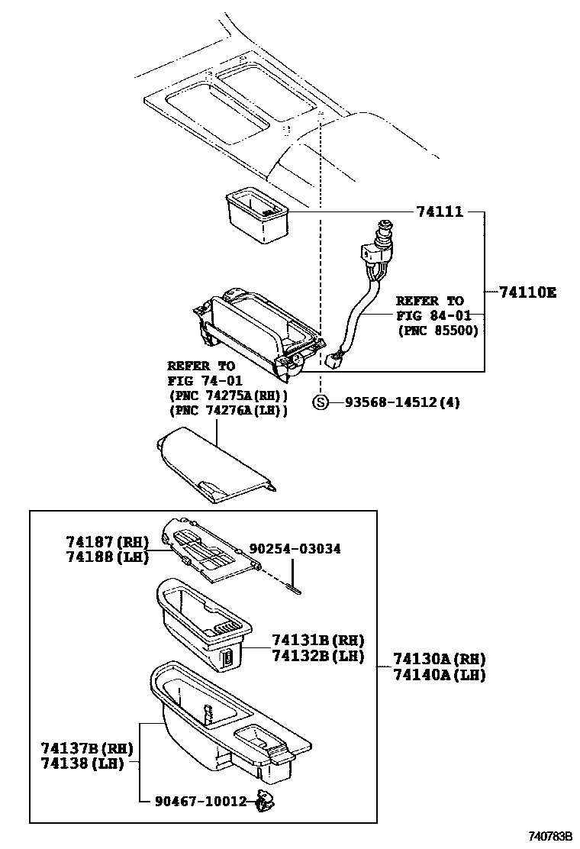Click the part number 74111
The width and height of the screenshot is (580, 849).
[x=439, y=211]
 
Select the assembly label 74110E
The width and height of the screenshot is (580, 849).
[x=527, y=292]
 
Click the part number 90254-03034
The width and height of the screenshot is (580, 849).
[x=295, y=548]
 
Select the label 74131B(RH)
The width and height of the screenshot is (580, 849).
[x=318, y=640]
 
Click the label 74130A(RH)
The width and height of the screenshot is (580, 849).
[x=440, y=659]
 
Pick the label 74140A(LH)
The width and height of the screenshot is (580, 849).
[x=440, y=674]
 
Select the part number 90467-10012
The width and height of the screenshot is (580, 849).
[x=201, y=801]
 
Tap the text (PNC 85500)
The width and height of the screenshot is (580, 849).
[x=437, y=330]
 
